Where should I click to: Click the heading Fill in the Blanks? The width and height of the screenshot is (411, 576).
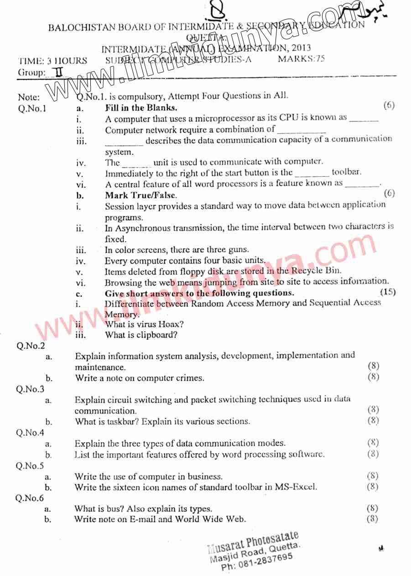pos(141,108)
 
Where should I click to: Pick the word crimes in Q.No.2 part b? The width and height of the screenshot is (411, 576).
pos(189,378)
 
